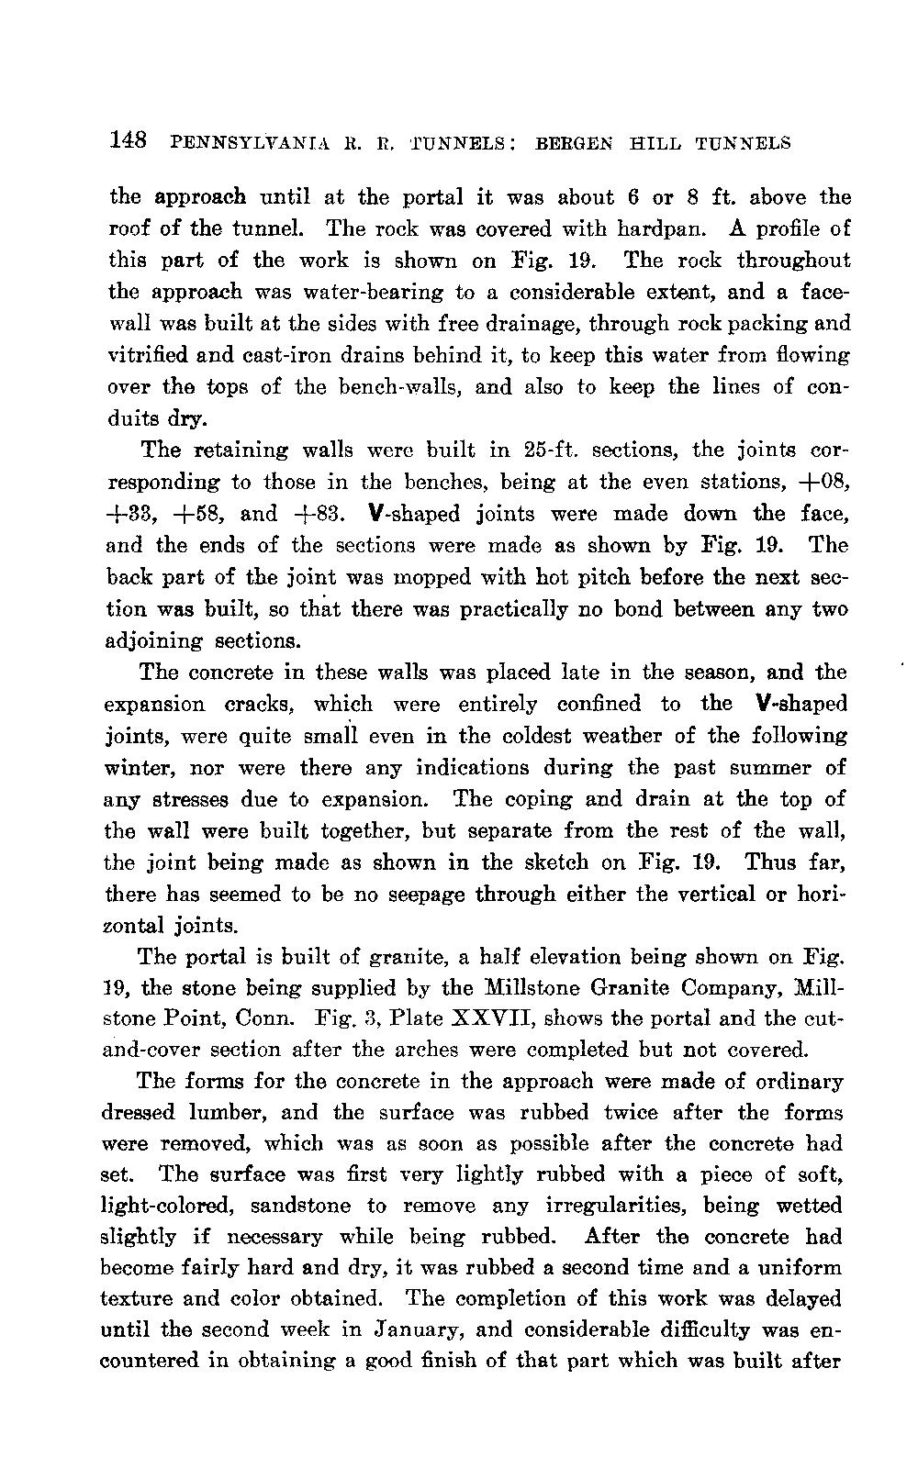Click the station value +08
coord(823,482)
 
